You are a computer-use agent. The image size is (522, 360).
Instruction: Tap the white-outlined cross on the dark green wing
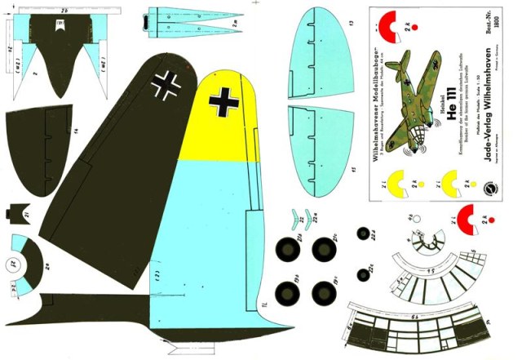[x=170, y=84]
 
